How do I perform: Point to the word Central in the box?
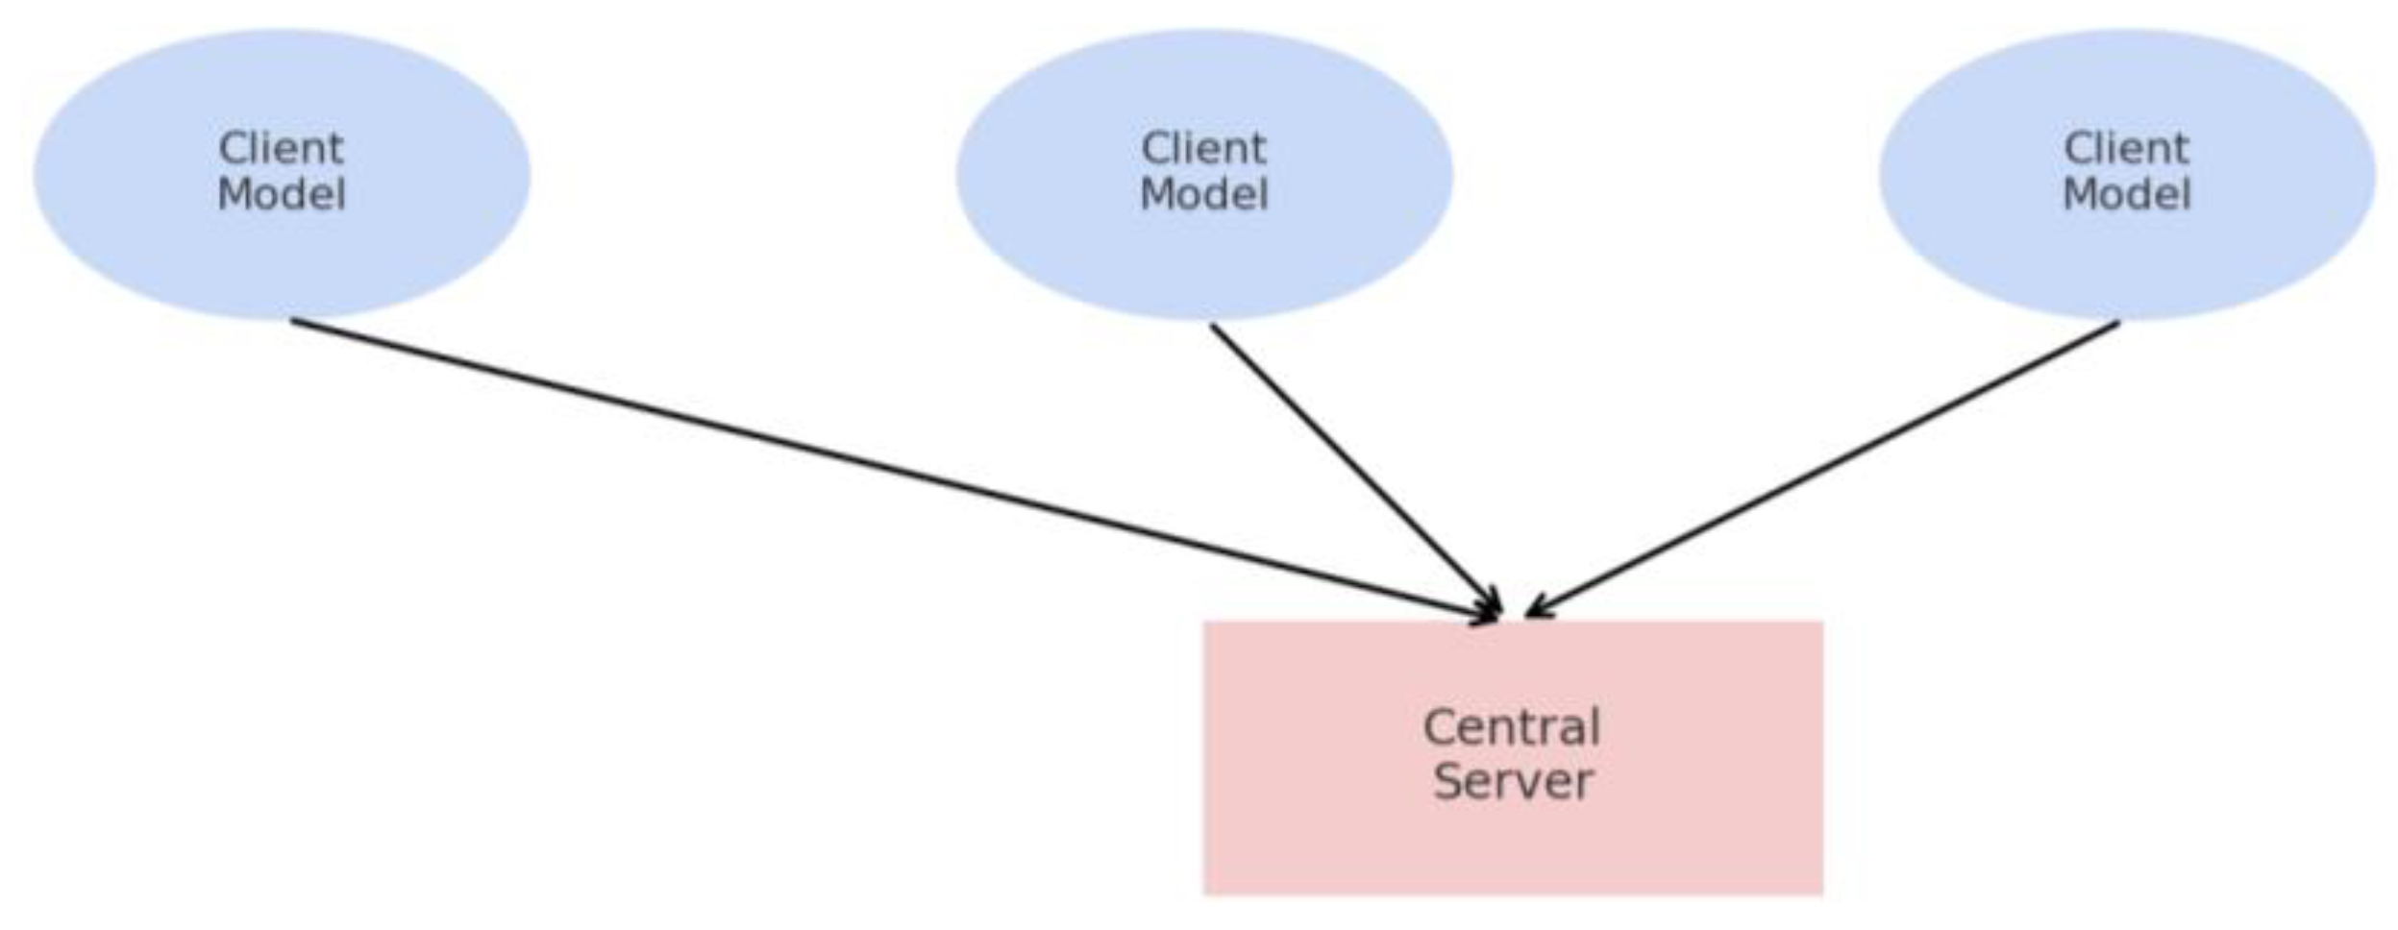1511,727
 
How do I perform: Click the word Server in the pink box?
1513,780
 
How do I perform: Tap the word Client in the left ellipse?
281,149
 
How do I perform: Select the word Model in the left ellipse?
281,195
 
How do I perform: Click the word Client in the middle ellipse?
1203,149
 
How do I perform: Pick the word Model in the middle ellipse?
1203,195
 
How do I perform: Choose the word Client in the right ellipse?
2126,149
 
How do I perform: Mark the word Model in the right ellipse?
2126,195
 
